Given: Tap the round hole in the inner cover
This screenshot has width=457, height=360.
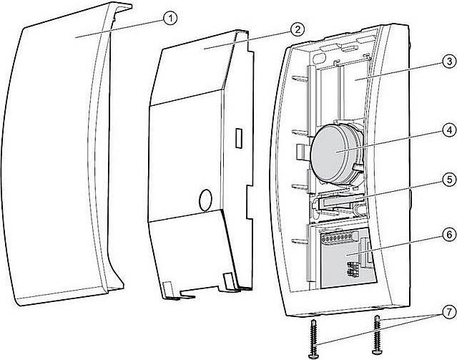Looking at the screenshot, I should [x=205, y=198].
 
